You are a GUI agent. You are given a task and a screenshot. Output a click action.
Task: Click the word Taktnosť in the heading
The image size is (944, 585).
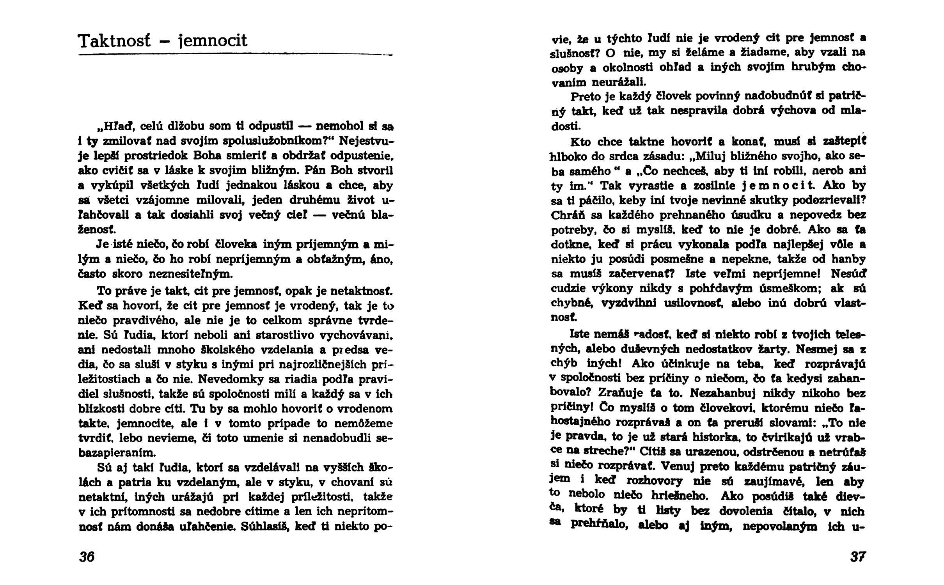coord(114,41)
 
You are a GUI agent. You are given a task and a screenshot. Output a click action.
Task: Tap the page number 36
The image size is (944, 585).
coord(87,557)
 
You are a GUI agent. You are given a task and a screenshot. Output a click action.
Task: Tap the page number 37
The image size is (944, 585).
coord(857,557)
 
